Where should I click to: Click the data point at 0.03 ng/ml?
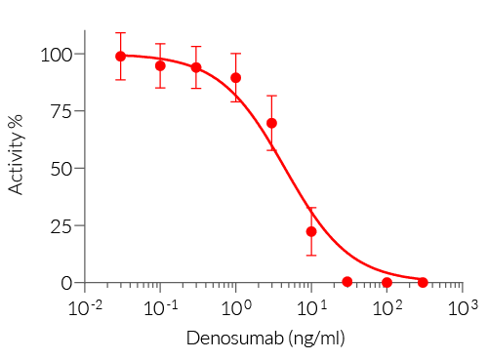(121, 57)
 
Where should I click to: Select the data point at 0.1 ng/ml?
(160, 65)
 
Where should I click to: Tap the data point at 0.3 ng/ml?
(196, 68)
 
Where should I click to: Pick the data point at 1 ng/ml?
(236, 78)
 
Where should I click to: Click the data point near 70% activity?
(271, 123)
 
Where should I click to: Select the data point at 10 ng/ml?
(311, 231)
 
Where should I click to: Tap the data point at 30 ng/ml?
(347, 282)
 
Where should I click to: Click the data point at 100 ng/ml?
(387, 283)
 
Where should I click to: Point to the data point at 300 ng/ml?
(423, 282)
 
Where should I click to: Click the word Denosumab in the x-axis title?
(230, 339)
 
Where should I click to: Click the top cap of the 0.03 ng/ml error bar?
(121, 33)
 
